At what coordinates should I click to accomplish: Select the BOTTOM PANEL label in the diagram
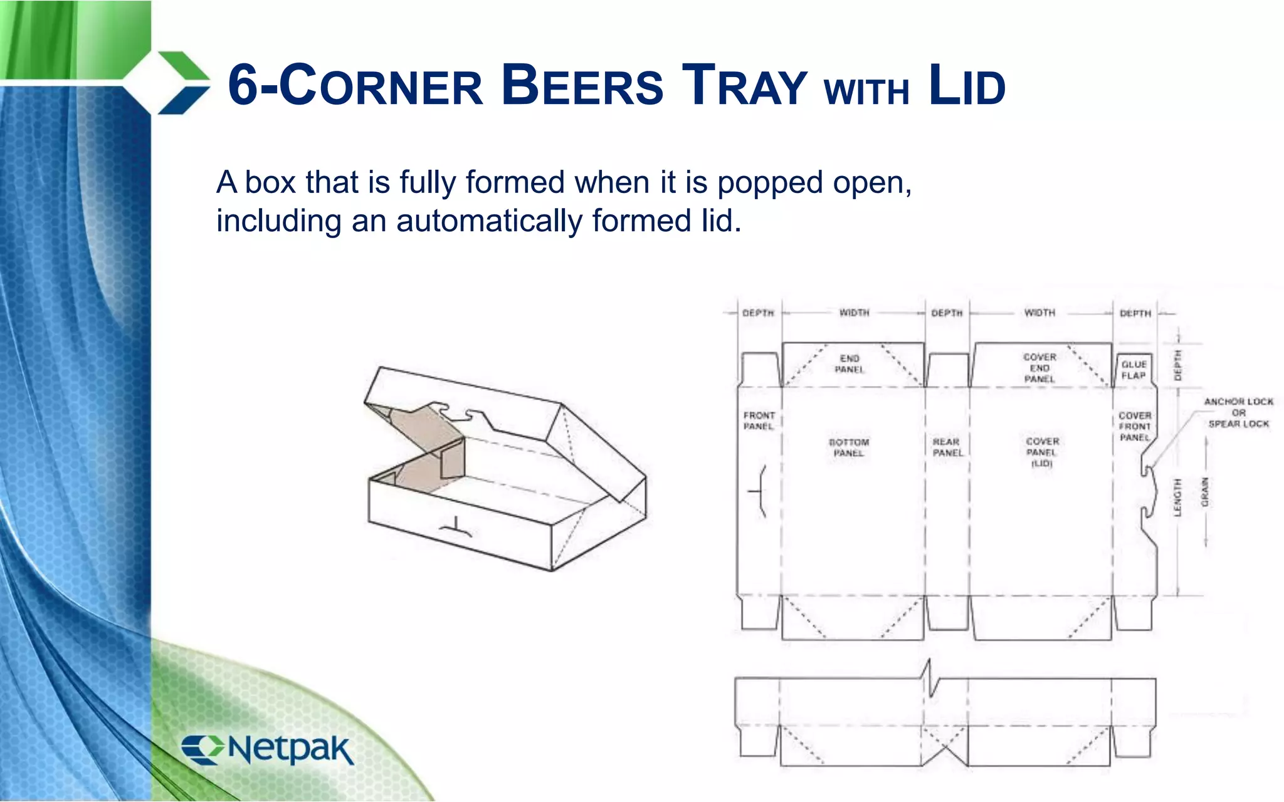[849, 447]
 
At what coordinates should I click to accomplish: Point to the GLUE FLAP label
[1134, 370]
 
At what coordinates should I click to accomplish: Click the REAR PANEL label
[947, 447]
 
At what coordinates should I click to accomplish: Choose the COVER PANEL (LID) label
[1042, 452]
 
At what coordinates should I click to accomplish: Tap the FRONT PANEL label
[759, 420]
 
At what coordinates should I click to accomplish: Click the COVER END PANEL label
[1039, 368]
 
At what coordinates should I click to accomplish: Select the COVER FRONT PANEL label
[1135, 426]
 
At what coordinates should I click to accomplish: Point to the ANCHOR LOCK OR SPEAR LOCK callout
[1238, 412]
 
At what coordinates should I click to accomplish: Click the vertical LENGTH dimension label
[1177, 497]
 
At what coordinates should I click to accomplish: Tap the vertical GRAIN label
[1204, 492]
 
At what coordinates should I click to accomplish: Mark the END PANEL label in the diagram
[850, 363]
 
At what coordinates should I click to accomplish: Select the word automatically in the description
[490, 221]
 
